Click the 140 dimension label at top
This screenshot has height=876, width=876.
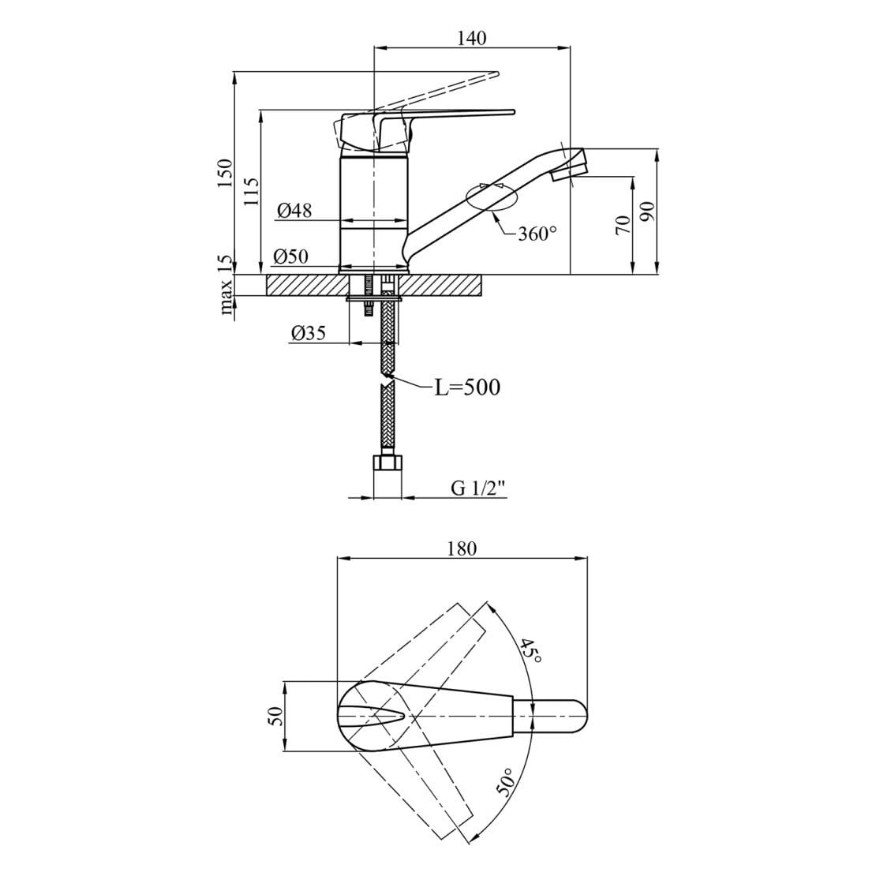click(x=471, y=37)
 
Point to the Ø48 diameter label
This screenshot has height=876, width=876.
click(x=294, y=211)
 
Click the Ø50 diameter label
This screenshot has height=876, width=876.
click(x=290, y=256)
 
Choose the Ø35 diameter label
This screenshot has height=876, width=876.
click(x=308, y=333)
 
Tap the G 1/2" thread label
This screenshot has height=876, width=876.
click(x=478, y=489)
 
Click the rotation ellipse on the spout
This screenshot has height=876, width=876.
click(x=491, y=197)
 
